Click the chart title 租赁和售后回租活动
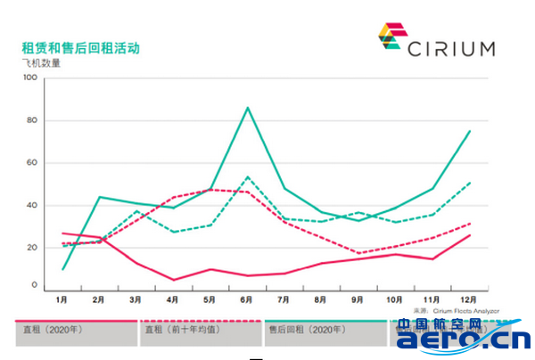click(x=80, y=47)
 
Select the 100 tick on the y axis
click(x=29, y=78)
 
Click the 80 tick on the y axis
click(x=29, y=120)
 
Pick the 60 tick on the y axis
click(x=29, y=162)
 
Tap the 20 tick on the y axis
click(x=29, y=246)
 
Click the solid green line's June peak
click(x=247, y=108)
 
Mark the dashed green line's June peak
click(x=247, y=177)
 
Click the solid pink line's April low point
click(x=174, y=280)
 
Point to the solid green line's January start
click(x=62, y=268)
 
